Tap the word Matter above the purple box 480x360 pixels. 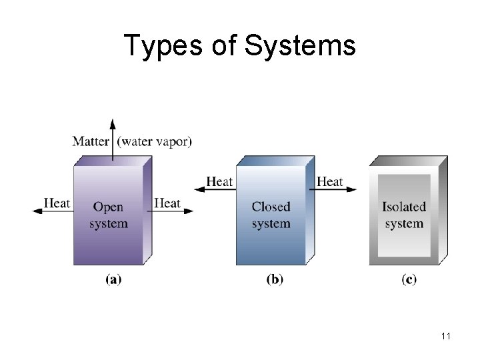92,141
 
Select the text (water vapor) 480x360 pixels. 154,141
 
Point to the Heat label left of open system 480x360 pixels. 57,203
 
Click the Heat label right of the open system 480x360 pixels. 167,203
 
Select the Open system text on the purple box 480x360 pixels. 109,215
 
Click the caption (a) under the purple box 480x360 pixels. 113,280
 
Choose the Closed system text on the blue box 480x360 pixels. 271,215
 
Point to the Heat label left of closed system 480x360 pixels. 220,181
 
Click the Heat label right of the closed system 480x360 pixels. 330,181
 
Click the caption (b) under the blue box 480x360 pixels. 275,280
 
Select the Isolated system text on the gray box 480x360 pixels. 404,215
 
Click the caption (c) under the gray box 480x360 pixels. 409,280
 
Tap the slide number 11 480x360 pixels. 445,336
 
